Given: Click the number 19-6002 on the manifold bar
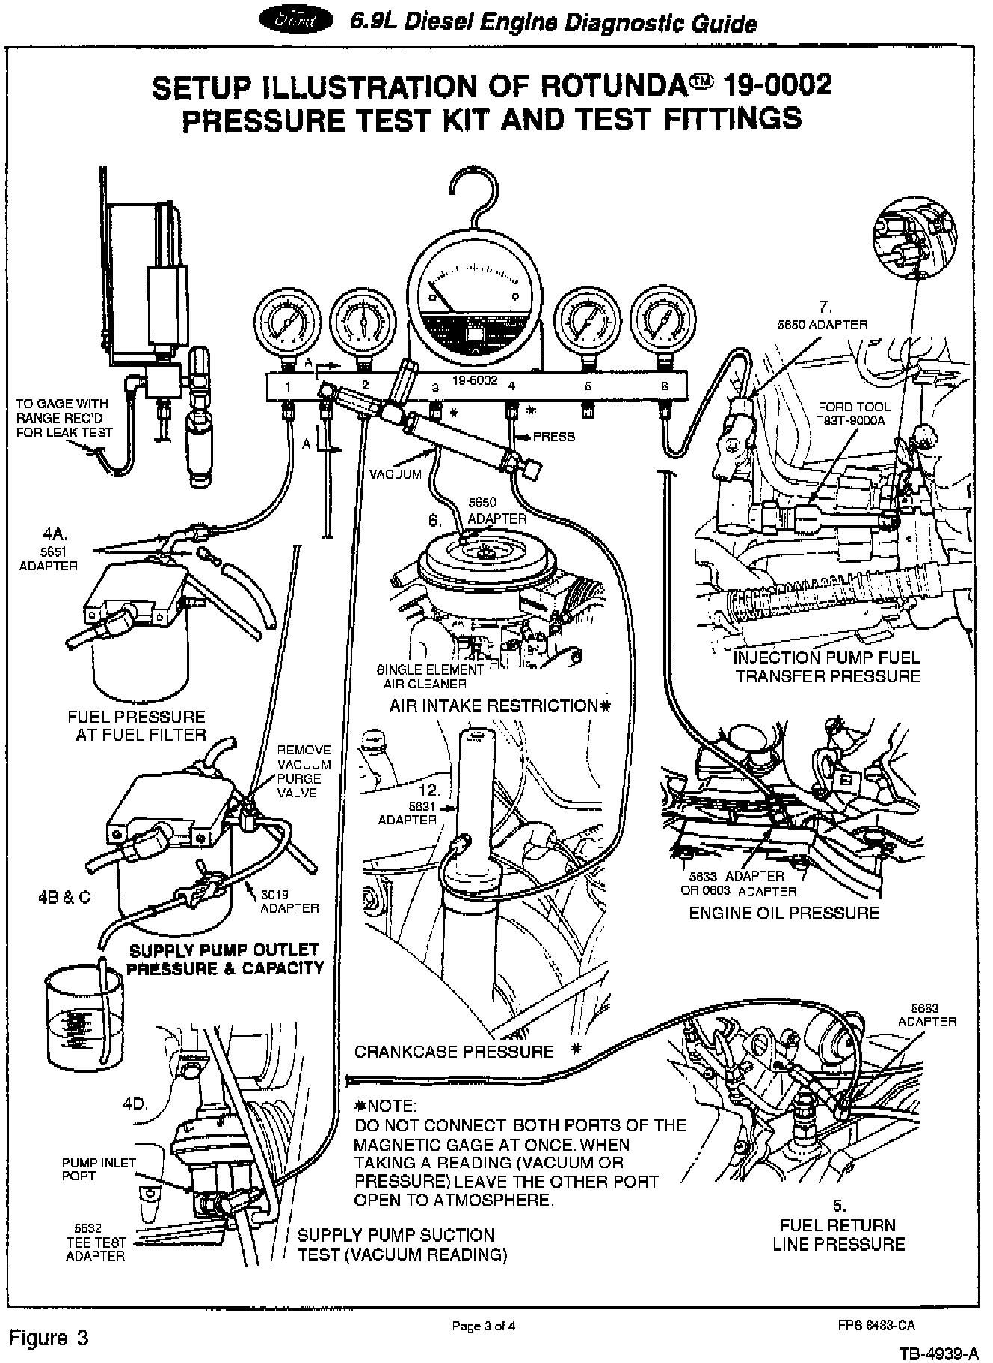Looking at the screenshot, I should [x=474, y=380].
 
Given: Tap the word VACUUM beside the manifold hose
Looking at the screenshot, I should [x=396, y=474].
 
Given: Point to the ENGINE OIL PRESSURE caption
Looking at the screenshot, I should [x=784, y=913].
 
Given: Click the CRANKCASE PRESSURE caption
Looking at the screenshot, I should [x=454, y=1052].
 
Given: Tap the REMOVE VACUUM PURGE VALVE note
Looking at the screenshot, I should [x=304, y=771].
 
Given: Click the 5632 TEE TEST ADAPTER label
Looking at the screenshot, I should [x=95, y=1243].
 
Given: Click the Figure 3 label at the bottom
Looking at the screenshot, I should [x=49, y=1338].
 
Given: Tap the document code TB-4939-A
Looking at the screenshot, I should [x=939, y=1353].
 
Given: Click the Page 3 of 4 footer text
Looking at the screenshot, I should [x=484, y=1326].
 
